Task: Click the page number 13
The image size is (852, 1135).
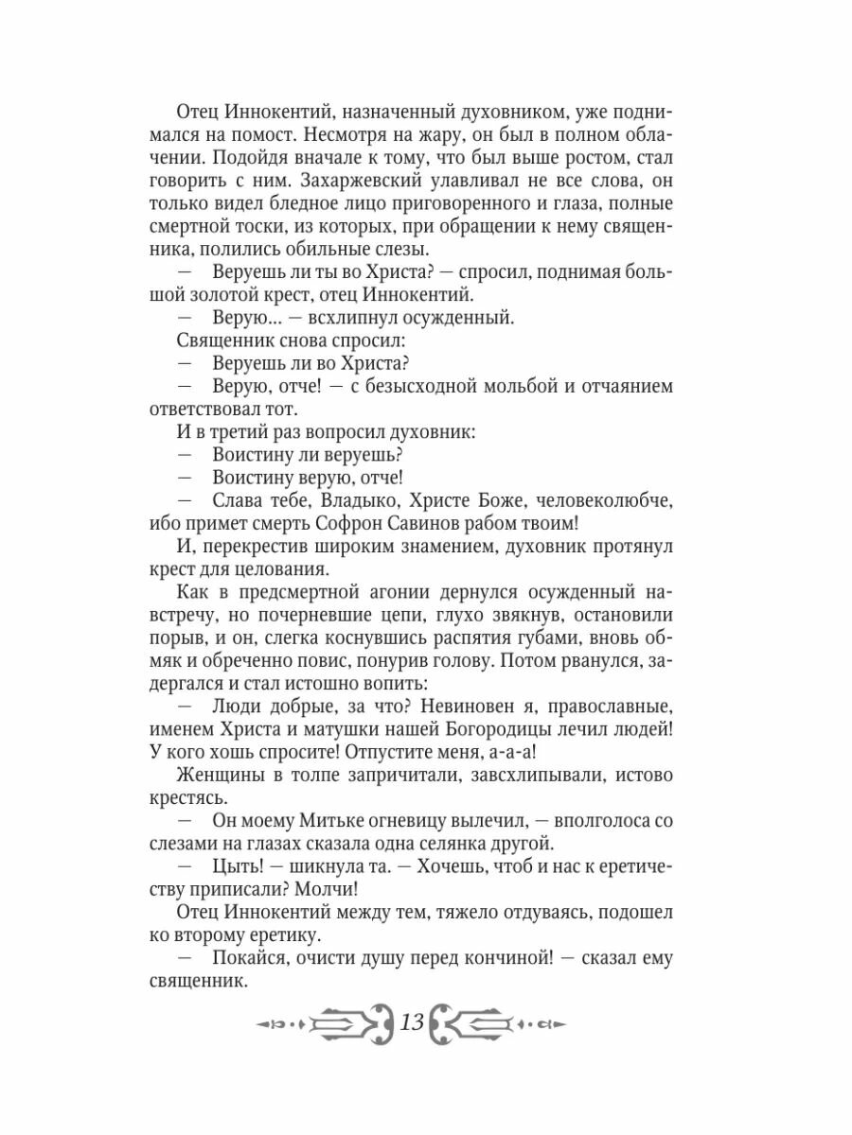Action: [x=412, y=1022]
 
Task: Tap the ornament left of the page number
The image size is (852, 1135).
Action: [x=323, y=1022]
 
